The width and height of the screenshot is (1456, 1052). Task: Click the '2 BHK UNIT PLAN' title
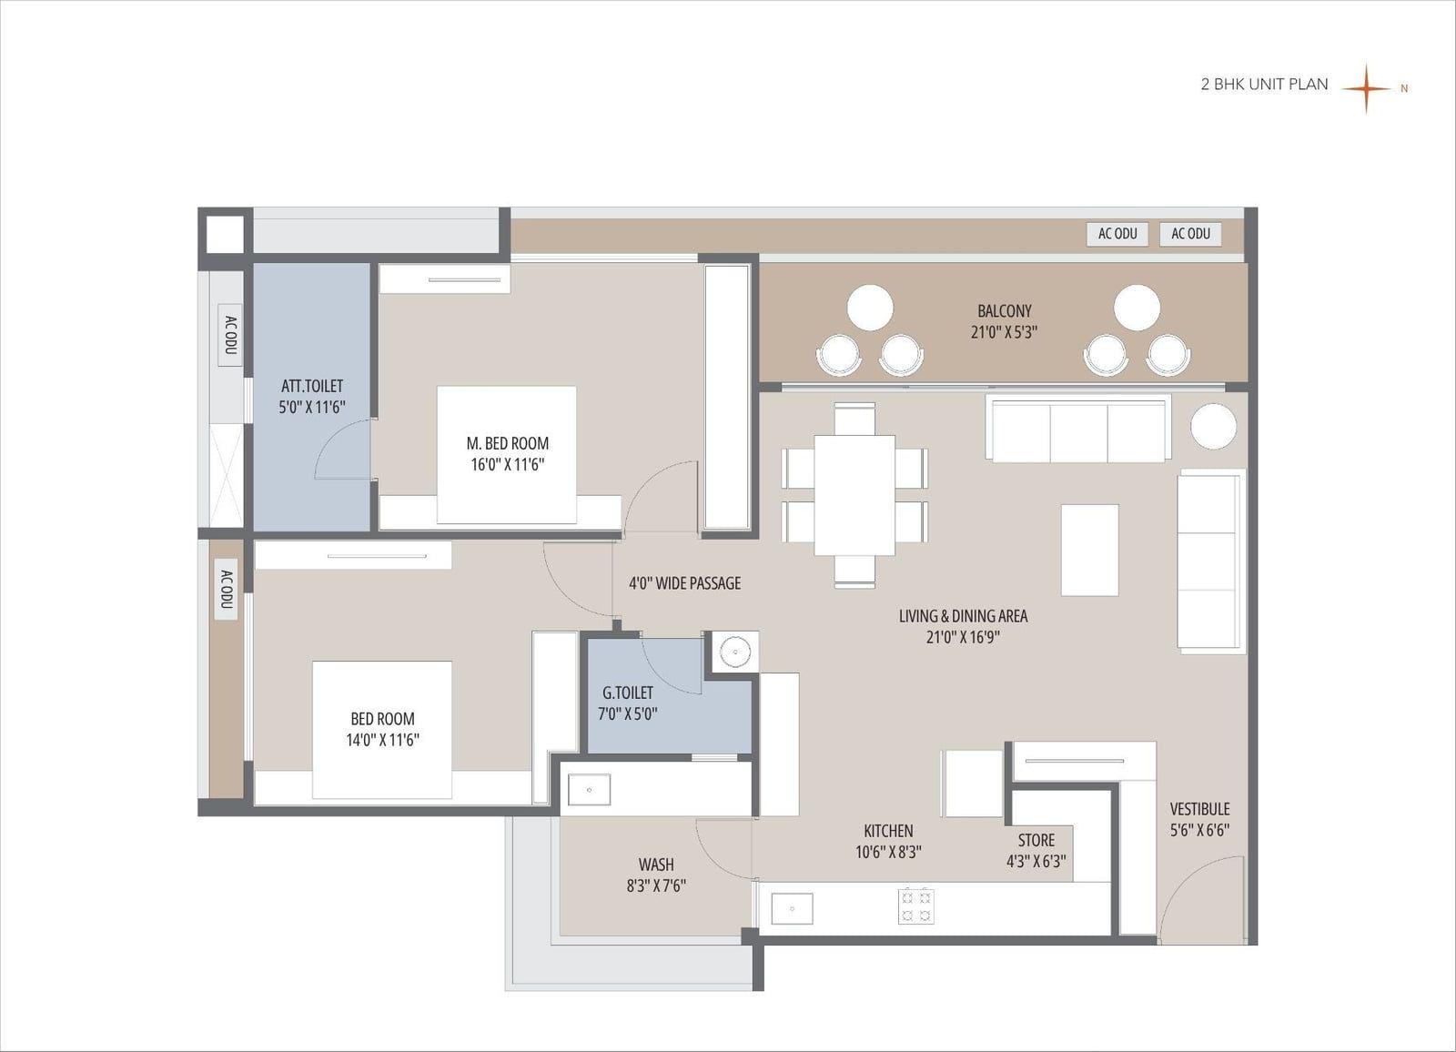click(1264, 85)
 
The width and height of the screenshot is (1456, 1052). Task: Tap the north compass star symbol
click(1366, 88)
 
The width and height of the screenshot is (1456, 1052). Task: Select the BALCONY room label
click(1005, 311)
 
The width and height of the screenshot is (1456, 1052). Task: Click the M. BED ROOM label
click(508, 443)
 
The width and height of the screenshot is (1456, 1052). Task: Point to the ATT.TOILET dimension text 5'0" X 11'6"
click(312, 408)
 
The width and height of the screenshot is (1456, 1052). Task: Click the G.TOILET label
click(628, 693)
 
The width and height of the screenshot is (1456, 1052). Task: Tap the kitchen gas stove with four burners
click(915, 905)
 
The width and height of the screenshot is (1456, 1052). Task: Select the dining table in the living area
click(854, 495)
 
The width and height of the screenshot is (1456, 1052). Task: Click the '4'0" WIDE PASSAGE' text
click(685, 583)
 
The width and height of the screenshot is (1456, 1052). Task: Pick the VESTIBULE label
click(1200, 809)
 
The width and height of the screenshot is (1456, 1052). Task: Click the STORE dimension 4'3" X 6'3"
click(1036, 862)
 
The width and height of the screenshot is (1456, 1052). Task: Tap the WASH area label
click(656, 865)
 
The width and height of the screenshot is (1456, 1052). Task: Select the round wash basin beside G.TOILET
click(735, 651)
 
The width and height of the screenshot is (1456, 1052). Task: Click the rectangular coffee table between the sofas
click(1090, 550)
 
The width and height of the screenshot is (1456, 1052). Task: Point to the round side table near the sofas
click(1214, 426)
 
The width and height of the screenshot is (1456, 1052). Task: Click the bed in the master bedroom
click(506, 454)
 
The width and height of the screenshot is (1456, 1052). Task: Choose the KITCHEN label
click(888, 831)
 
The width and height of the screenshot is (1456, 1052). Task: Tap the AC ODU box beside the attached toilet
click(230, 334)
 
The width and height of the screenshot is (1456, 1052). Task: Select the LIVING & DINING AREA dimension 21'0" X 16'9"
click(964, 637)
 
